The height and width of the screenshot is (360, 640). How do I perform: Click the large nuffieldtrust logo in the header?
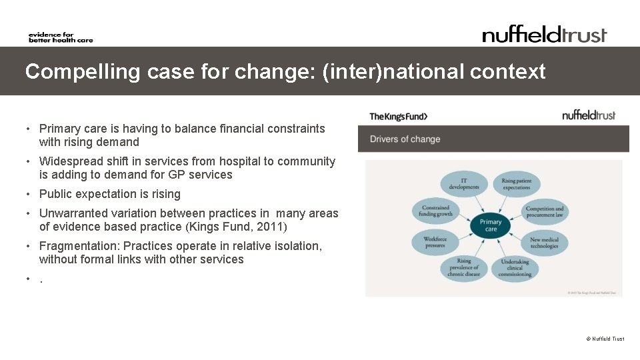545,35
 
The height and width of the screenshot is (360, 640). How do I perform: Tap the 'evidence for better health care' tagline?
60,37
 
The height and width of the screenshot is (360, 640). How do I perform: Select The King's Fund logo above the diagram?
399,117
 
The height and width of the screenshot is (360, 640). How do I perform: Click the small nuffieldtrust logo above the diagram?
589,115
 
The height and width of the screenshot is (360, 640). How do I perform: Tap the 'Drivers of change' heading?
405,139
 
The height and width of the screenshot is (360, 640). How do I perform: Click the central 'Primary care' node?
491,226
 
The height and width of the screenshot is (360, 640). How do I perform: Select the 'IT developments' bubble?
464,184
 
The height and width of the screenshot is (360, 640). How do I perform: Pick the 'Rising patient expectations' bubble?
516,184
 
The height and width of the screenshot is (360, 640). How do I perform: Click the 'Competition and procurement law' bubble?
545,212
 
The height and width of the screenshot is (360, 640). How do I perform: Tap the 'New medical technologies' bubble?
544,243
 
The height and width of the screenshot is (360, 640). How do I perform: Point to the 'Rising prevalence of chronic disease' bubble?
464,268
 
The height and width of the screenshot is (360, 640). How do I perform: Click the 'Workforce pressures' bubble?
435,242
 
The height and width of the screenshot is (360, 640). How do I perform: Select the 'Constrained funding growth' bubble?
435,211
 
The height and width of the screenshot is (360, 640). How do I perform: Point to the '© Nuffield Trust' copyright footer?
605,339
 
